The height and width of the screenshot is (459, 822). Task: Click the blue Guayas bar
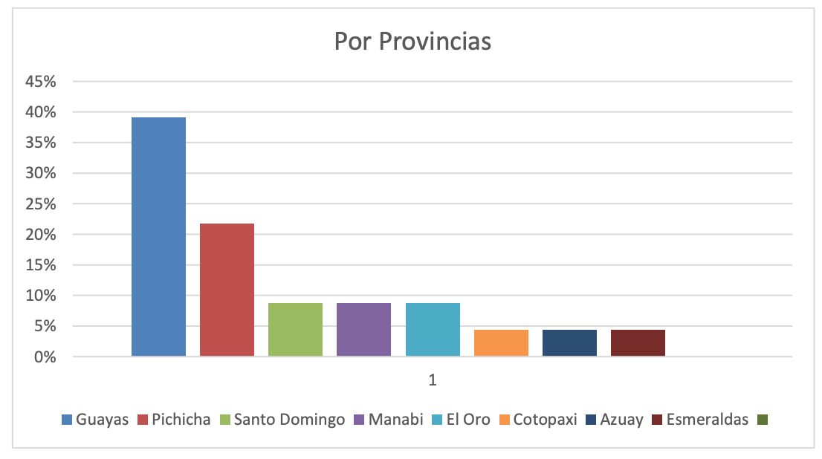coord(158,237)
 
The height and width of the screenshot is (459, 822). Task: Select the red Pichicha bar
coord(227,290)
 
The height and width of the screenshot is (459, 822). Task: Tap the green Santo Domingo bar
coord(295,330)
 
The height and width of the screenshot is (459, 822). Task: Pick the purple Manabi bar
coord(363,330)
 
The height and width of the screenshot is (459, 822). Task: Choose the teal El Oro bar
coord(433,330)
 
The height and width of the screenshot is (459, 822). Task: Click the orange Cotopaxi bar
coord(501,343)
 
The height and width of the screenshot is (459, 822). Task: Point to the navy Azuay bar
coord(569,343)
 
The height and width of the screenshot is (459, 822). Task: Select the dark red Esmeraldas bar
coord(638,343)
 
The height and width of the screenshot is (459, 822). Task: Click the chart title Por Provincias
coord(412,42)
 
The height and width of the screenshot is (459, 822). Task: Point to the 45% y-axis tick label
coord(41,82)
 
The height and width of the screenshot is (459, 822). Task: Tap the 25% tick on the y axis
coord(41,204)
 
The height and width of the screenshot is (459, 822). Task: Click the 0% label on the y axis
coord(45,357)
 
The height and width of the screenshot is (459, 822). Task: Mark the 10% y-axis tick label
coord(41,296)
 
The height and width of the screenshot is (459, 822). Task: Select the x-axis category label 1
coord(432,380)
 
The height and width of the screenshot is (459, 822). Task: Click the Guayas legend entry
coord(97,419)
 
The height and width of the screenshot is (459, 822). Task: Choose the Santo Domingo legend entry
coord(282,419)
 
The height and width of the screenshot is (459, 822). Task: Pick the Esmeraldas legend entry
coord(699,419)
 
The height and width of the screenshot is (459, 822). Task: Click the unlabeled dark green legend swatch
coord(761,419)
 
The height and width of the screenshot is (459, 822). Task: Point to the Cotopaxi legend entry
coord(537,419)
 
